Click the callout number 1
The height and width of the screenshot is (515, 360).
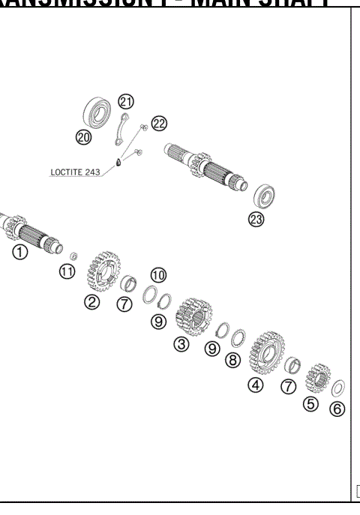(x=20, y=253)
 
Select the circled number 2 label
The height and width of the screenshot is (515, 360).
(x=91, y=302)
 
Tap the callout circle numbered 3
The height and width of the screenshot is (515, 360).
(x=181, y=344)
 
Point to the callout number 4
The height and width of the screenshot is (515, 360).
(x=256, y=385)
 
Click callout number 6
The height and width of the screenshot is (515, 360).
(x=337, y=410)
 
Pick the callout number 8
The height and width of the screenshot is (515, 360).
(x=233, y=361)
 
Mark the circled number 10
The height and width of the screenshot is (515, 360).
(x=158, y=275)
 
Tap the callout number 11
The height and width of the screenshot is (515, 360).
(x=67, y=271)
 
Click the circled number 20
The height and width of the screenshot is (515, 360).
(x=83, y=136)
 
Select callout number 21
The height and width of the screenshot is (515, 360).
(x=126, y=102)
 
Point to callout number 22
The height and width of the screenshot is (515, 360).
(x=159, y=123)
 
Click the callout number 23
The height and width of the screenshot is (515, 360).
(x=256, y=220)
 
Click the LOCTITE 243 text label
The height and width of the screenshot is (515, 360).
(x=75, y=172)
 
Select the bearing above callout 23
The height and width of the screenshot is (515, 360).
(x=263, y=196)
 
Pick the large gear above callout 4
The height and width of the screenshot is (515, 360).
(x=266, y=350)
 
